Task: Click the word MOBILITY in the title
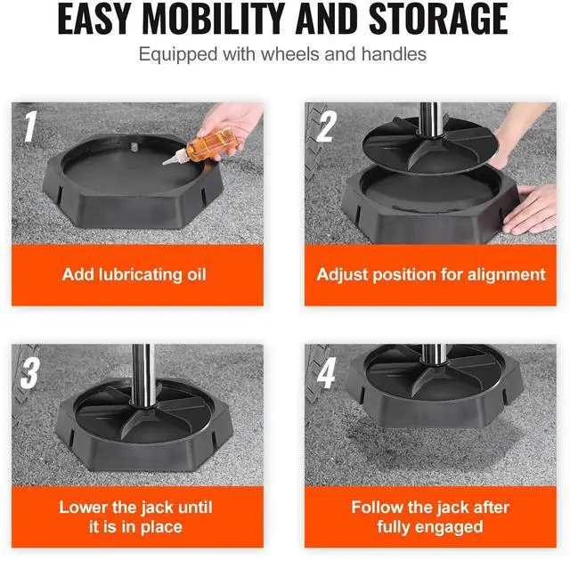tap(213, 19)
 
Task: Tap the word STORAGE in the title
tap(438, 19)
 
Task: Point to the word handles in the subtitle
tap(394, 54)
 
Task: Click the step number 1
tap(30, 126)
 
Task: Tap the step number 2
tap(326, 126)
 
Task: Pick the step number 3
tap(29, 373)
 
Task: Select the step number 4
tap(326, 373)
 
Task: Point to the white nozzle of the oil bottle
tap(175, 158)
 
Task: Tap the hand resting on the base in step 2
tap(531, 208)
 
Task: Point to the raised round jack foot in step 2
tap(430, 145)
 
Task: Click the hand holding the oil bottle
tap(232, 126)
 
